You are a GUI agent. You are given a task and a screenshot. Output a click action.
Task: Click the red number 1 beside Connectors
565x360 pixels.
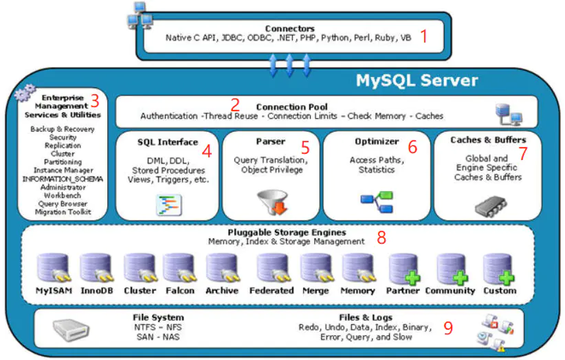[424, 36]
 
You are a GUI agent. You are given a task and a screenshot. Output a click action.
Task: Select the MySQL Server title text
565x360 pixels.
[416, 80]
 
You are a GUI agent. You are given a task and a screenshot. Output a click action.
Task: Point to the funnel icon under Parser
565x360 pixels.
[271, 202]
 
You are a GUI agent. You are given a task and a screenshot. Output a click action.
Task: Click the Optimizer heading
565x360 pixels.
[376, 142]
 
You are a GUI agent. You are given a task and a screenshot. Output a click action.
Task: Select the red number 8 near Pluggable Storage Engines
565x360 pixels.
[381, 238]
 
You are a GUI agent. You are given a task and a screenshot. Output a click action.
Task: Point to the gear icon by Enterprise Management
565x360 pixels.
[25, 91]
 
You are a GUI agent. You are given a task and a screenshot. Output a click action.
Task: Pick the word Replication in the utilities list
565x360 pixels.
[63, 146]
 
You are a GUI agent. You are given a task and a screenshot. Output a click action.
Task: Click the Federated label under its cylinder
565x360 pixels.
[272, 291]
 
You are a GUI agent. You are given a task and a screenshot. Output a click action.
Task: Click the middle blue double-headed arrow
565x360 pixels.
[289, 65]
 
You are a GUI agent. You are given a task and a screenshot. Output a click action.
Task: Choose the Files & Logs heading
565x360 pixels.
[366, 317]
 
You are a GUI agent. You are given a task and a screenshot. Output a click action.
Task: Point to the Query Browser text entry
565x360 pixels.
[63, 204]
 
